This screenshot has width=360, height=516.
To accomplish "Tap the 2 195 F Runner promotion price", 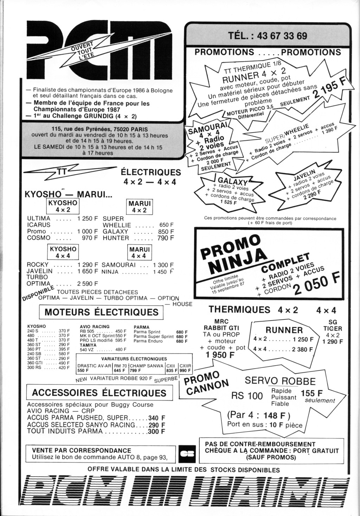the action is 330,90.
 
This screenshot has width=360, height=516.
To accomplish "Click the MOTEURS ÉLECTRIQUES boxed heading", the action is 101,312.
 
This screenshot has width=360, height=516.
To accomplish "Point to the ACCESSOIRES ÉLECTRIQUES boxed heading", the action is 99,393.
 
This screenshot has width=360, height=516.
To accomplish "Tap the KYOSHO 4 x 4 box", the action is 63,252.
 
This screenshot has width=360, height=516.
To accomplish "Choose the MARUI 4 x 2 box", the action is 140,207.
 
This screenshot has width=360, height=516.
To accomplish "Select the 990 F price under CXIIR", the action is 185,370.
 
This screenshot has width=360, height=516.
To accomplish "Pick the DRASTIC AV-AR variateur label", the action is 94,366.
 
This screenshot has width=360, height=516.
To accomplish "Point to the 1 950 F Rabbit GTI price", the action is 220,355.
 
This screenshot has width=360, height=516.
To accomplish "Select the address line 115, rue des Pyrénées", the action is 100,129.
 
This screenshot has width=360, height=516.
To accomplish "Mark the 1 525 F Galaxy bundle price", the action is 228,202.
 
